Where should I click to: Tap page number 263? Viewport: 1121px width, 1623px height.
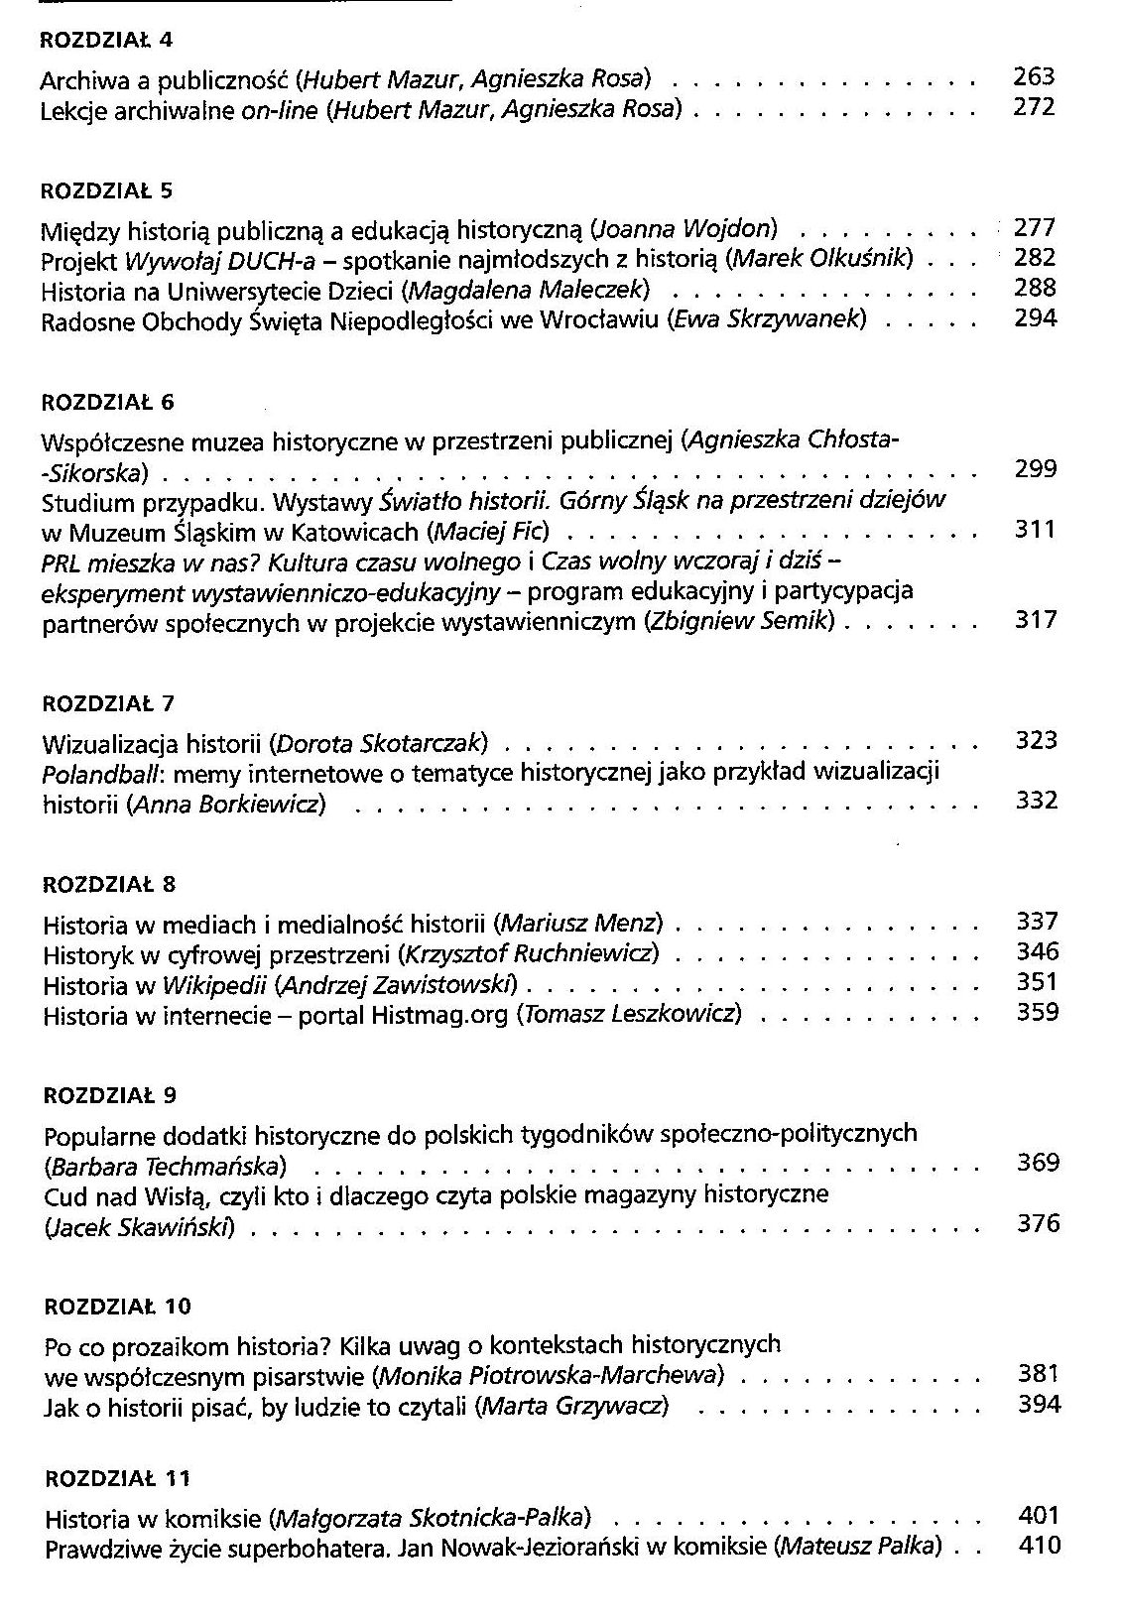(1034, 76)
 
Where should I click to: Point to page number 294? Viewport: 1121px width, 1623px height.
(1036, 318)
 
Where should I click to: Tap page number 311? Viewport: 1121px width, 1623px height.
(1037, 529)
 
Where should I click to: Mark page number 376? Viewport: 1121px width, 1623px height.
(1039, 1223)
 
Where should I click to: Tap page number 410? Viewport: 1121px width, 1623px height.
(1040, 1545)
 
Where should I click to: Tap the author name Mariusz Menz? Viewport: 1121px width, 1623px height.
(582, 924)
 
